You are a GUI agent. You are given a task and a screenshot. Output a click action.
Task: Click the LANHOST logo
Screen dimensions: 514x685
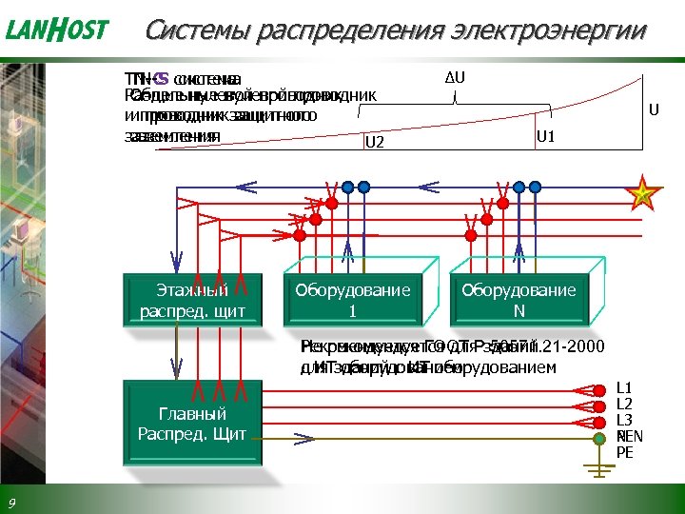(x=58, y=30)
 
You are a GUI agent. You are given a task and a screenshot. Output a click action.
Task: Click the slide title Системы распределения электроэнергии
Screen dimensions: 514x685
(x=395, y=30)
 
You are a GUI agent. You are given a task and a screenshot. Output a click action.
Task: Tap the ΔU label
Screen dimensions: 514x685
(x=455, y=76)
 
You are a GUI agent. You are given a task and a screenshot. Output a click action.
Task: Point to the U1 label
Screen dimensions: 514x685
(x=547, y=137)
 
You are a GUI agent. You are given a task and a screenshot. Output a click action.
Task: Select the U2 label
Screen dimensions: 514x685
(x=374, y=143)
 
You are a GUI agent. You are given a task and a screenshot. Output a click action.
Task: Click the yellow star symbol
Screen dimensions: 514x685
(x=644, y=196)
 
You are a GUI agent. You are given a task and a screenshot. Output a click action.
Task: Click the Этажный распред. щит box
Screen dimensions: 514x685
(x=193, y=301)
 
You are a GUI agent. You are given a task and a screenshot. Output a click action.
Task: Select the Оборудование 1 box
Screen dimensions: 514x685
(x=352, y=301)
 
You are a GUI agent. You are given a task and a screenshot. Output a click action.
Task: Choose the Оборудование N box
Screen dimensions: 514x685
(x=519, y=301)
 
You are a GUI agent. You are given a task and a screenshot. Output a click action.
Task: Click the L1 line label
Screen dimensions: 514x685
(x=624, y=388)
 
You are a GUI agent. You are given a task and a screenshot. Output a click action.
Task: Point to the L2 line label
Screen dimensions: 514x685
(x=624, y=404)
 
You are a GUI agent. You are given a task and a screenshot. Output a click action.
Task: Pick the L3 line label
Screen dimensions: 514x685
(x=624, y=420)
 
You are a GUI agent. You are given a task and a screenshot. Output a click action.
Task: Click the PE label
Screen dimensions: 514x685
(x=624, y=453)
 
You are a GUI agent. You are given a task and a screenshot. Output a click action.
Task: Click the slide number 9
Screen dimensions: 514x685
(x=11, y=503)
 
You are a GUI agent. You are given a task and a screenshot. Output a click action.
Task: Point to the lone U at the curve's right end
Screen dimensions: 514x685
(x=655, y=109)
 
